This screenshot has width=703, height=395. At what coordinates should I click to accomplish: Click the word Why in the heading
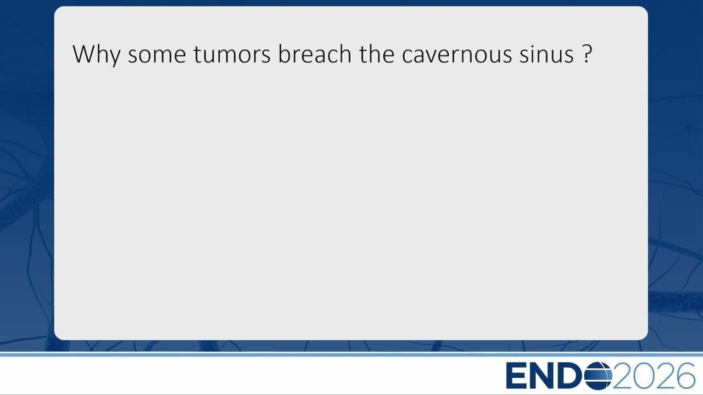[97, 55]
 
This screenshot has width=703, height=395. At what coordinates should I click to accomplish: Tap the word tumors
[232, 55]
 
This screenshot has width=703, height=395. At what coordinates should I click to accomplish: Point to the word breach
[315, 54]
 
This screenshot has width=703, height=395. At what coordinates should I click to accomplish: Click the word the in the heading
[377, 54]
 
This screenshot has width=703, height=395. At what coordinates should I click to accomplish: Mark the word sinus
[546, 54]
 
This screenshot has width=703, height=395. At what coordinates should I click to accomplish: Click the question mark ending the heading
[587, 54]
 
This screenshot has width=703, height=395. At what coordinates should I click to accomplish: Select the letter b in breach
[284, 54]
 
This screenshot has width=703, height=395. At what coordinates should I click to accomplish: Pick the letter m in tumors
[230, 56]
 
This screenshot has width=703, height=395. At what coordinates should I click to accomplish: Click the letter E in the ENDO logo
[516, 375]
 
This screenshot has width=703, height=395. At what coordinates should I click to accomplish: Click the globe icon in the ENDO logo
[598, 375]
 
